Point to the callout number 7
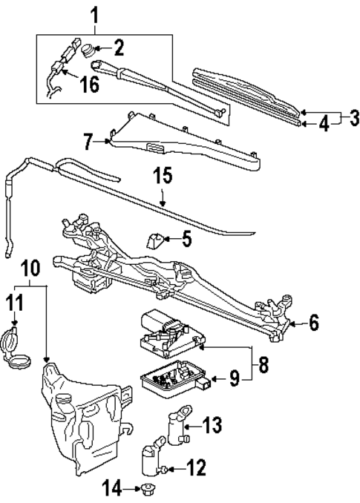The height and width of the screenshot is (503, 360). click(x=89, y=140)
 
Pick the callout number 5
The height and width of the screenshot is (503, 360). click(x=187, y=239)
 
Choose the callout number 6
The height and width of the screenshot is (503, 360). click(x=313, y=323)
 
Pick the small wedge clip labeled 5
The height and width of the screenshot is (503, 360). click(x=154, y=240)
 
